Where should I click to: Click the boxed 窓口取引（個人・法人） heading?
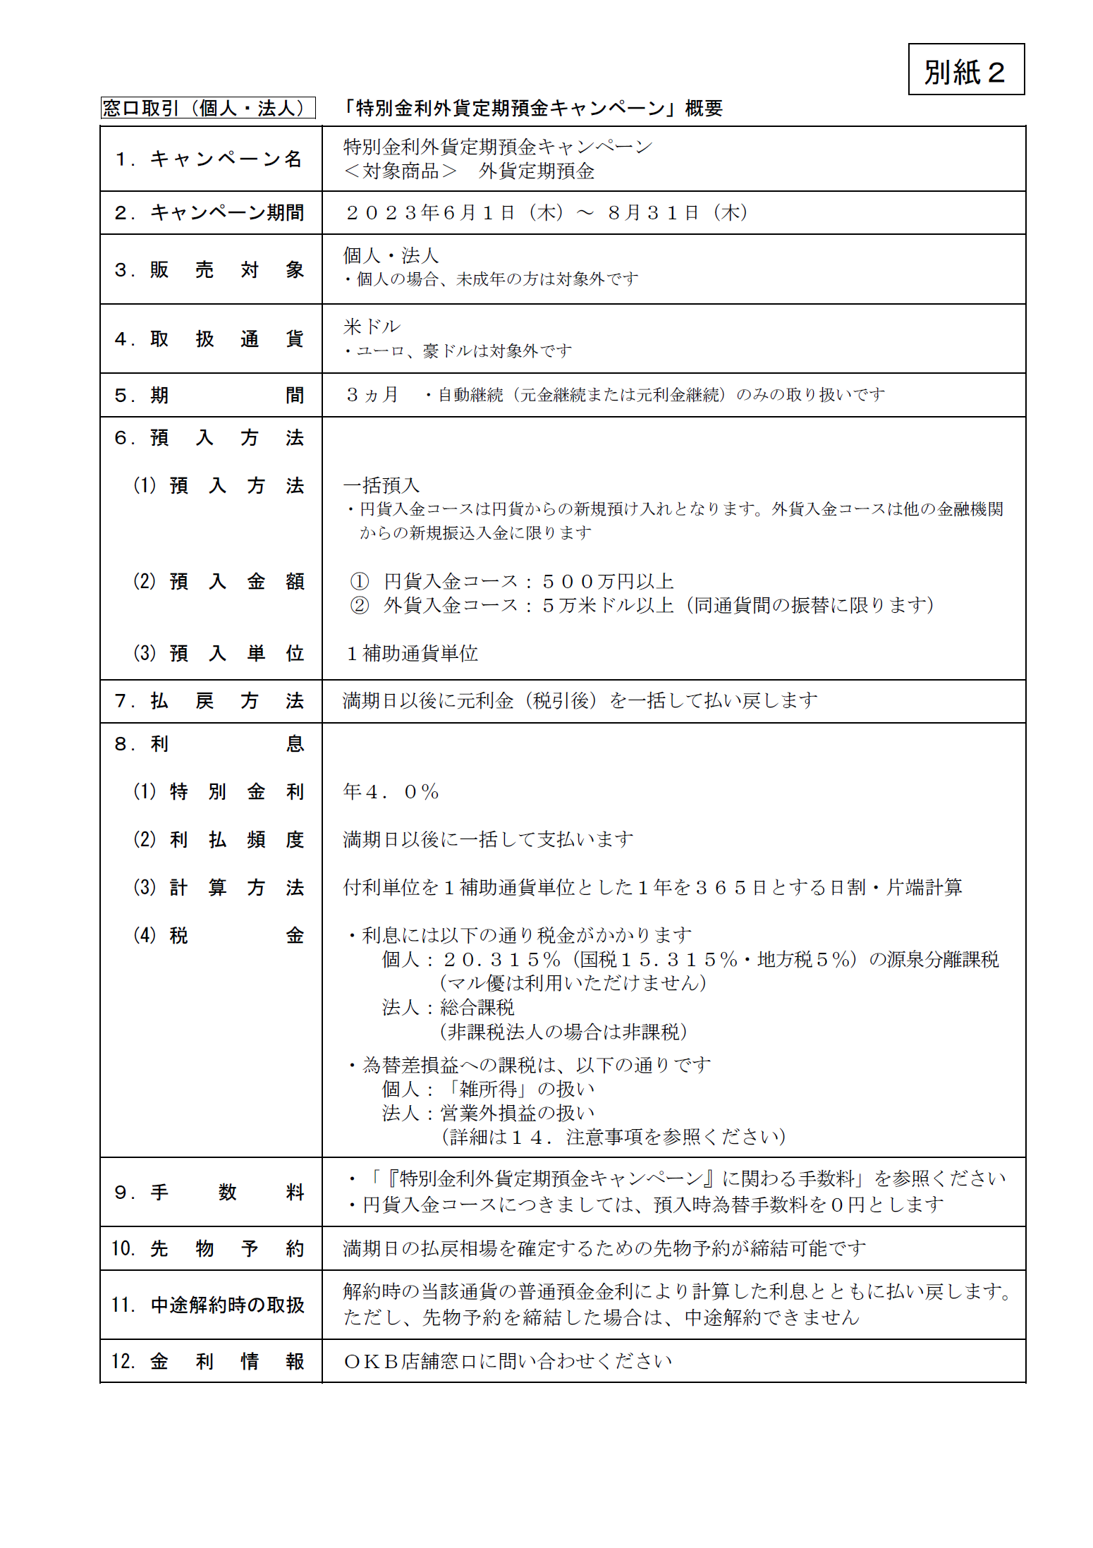[x=207, y=108]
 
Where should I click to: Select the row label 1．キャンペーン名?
[x=209, y=159]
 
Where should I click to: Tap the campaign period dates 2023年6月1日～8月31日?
[x=546, y=213]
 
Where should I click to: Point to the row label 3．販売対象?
[x=209, y=269]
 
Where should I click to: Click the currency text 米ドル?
[x=372, y=327]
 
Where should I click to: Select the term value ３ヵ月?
[x=372, y=395]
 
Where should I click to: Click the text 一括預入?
[x=381, y=485]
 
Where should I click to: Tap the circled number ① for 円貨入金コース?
[x=360, y=582]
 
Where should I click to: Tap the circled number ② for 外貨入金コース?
[x=360, y=606]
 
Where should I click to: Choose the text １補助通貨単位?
[x=412, y=654]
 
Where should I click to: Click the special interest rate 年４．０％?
[x=391, y=792]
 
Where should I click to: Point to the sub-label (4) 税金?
[x=219, y=936]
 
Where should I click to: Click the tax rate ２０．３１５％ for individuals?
[x=501, y=960]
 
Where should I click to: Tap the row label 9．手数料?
[x=209, y=1193]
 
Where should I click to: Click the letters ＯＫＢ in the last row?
[x=371, y=1362]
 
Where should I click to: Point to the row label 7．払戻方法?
[x=209, y=701]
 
